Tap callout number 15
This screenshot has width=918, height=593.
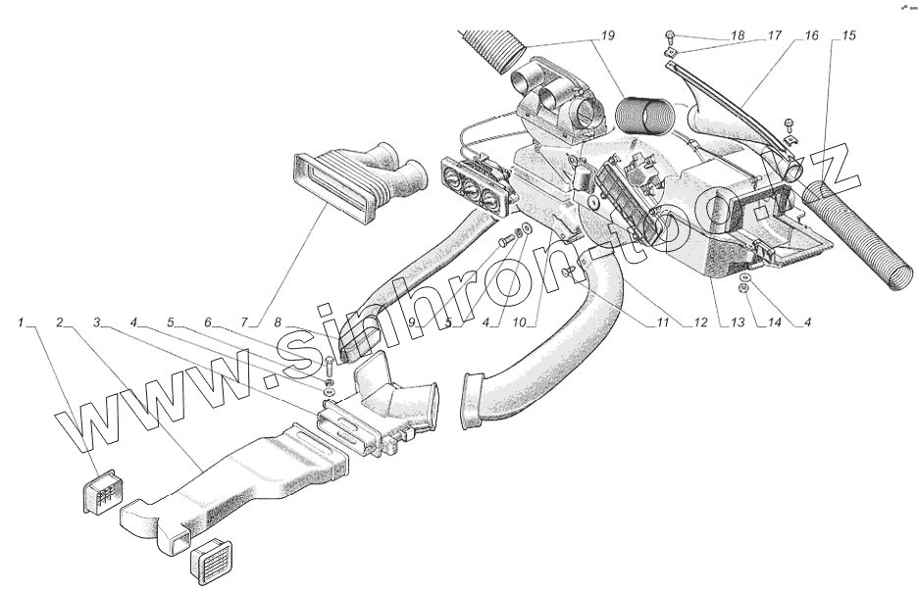848,36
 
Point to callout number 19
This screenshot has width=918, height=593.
607,36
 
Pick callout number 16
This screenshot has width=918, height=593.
810,36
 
